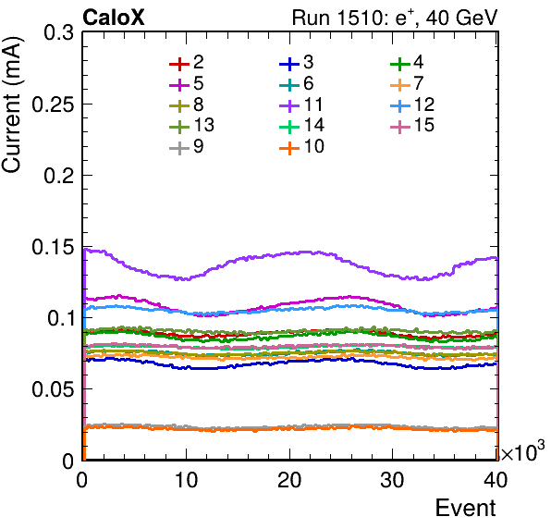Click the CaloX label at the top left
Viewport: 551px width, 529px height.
[x=113, y=18]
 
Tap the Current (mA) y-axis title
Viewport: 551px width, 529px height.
[x=12, y=105]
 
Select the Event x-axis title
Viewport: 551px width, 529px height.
[x=466, y=508]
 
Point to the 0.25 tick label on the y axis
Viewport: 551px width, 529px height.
[x=53, y=104]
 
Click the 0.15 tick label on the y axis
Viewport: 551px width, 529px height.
[x=53, y=247]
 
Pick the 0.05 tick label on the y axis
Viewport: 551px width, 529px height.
[x=53, y=389]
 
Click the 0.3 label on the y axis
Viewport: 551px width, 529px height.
[x=59, y=32]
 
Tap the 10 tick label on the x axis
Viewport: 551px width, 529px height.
[x=186, y=480]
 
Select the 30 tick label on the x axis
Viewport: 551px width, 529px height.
[x=392, y=480]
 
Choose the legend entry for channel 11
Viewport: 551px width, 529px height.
[x=301, y=105]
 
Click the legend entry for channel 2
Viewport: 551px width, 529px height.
[x=187, y=63]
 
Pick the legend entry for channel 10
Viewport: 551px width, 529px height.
[x=301, y=146]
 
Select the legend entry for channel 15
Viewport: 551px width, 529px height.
[x=412, y=125]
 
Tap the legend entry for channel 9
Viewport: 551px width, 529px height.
[x=187, y=146]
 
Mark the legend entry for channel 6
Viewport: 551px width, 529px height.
[x=296, y=83]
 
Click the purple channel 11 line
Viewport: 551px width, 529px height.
[x=289, y=253]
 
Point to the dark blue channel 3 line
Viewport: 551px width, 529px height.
[x=289, y=361]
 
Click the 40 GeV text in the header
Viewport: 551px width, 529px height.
[x=461, y=18]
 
